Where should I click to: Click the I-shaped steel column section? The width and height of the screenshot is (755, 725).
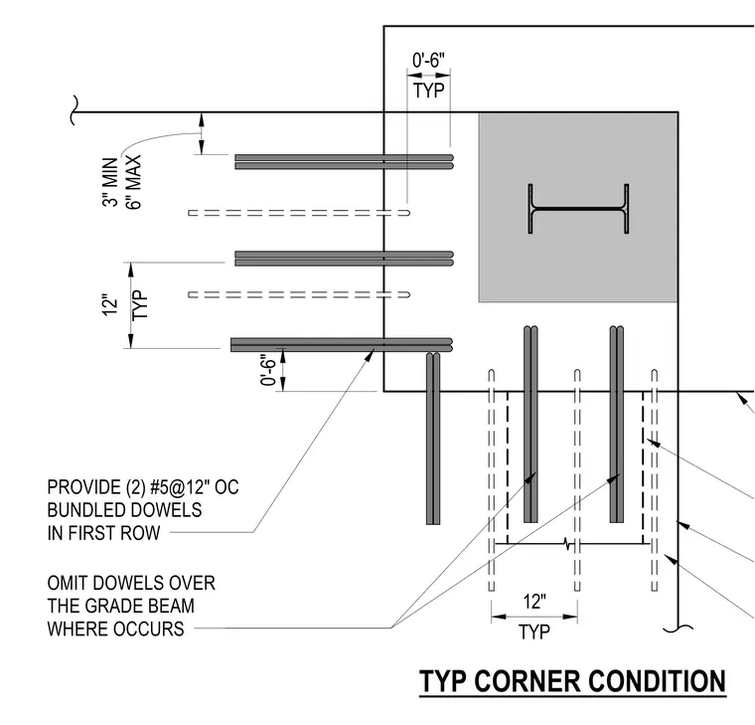pyautogui.click(x=578, y=209)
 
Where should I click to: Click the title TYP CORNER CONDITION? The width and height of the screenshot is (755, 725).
pyautogui.click(x=572, y=681)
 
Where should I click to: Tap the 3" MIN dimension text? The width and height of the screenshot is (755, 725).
pyautogui.click(x=110, y=182)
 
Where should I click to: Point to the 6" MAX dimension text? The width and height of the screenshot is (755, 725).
pyautogui.click(x=133, y=182)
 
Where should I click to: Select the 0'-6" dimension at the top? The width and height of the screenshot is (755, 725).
pyautogui.click(x=428, y=61)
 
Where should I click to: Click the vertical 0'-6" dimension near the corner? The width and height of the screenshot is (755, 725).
pyautogui.click(x=269, y=371)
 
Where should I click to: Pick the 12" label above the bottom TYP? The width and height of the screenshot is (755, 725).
pyautogui.click(x=534, y=602)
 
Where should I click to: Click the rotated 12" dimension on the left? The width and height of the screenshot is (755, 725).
pyautogui.click(x=110, y=304)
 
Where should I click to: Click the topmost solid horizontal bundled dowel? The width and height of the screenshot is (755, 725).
pyautogui.click(x=345, y=162)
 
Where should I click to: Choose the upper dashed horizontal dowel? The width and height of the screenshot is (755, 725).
pyautogui.click(x=299, y=213)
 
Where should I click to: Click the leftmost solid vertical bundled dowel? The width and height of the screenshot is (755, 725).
pyautogui.click(x=433, y=439)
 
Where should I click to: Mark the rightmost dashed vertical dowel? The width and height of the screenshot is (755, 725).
pyautogui.click(x=655, y=480)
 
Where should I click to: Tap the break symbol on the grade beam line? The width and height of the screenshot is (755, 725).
pyautogui.click(x=569, y=544)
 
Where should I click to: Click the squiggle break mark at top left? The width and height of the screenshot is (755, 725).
pyautogui.click(x=75, y=110)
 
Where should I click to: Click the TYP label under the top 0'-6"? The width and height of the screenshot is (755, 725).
pyautogui.click(x=428, y=91)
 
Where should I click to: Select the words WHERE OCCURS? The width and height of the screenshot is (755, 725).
pyautogui.click(x=115, y=630)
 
